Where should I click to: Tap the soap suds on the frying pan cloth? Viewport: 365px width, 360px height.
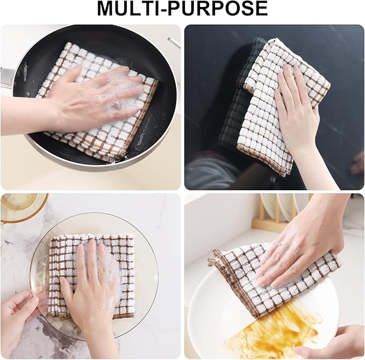pos(121,94)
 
